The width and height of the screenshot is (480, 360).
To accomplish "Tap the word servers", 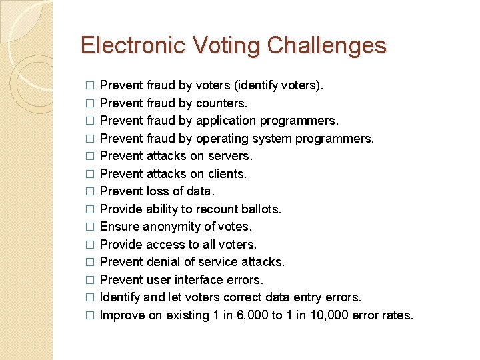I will (x=230, y=156).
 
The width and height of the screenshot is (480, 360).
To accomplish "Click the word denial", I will (x=164, y=262).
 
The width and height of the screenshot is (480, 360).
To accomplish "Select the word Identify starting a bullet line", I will (x=119, y=297).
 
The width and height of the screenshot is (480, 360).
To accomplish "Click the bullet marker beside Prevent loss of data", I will (x=90, y=192).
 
